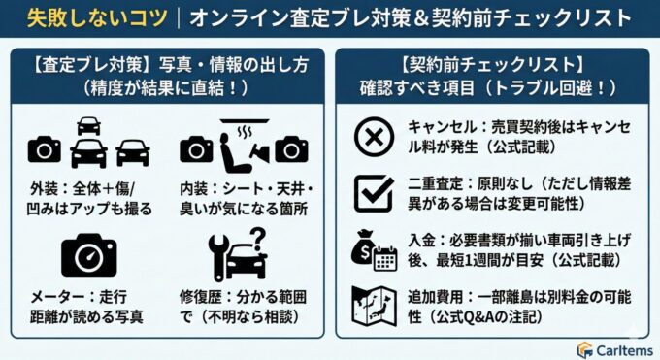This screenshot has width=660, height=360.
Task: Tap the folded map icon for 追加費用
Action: tap(373, 308)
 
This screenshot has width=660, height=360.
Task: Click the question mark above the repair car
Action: tap(257, 238)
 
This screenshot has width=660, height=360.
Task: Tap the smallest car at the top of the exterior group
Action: tap(88, 124)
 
